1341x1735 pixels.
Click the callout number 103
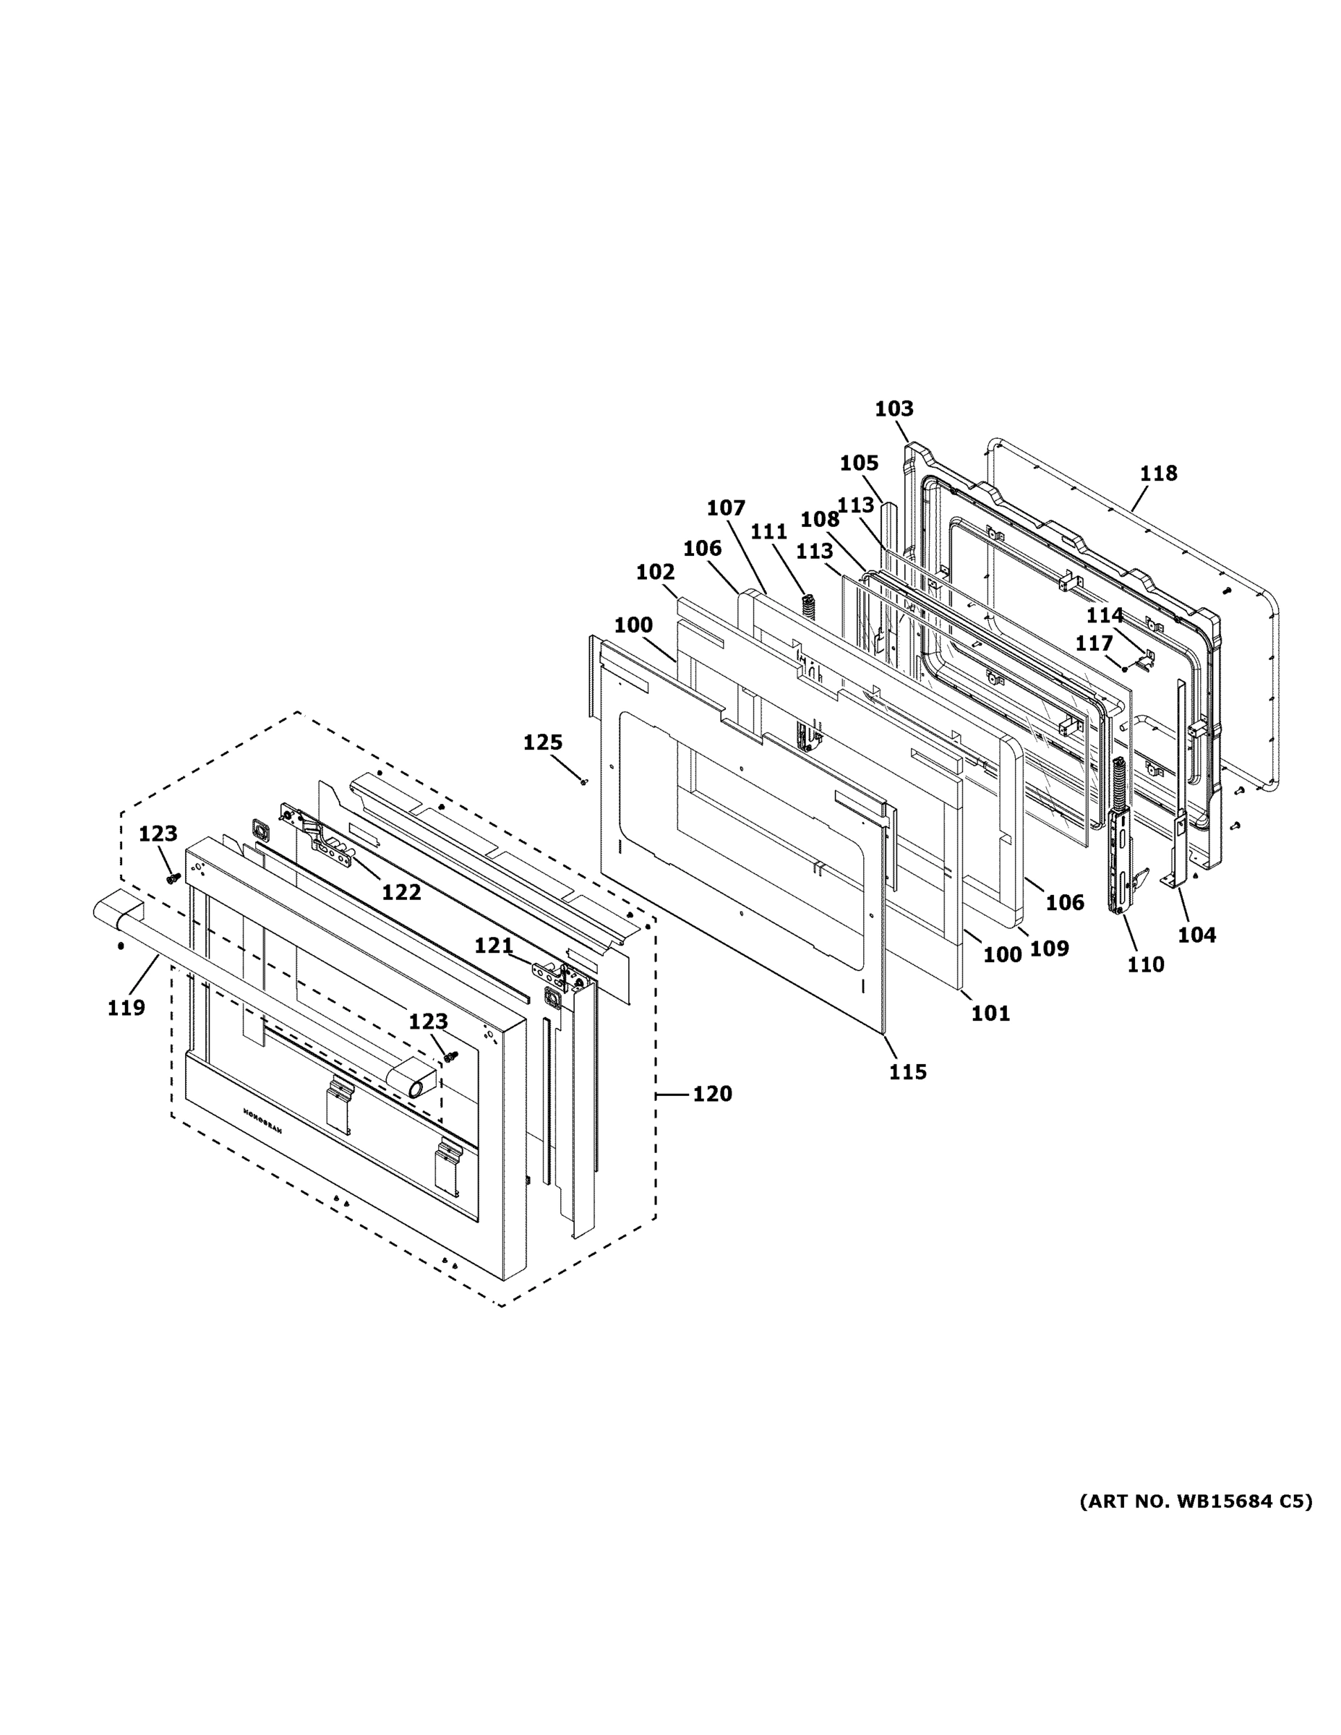pos(894,409)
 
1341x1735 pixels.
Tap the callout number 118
pos(1157,474)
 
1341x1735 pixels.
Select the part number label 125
pos(543,742)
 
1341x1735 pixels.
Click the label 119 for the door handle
pos(127,1007)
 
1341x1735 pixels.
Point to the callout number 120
pos(712,1094)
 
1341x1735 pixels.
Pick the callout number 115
pos(907,1071)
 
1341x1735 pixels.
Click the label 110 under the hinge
pos(1145,964)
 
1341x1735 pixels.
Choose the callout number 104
pos(1196,935)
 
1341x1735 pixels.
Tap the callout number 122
pos(401,892)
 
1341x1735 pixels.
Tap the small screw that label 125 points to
pos(585,781)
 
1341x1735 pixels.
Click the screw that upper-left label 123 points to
pos(172,878)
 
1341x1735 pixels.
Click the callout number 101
pos(990,1013)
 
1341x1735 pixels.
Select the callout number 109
pos(1050,948)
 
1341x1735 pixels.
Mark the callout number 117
pos(1094,643)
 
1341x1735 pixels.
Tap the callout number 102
pos(656,571)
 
